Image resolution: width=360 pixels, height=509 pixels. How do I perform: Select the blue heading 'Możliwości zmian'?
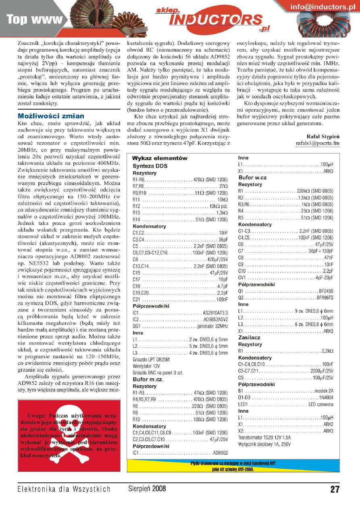[51, 116]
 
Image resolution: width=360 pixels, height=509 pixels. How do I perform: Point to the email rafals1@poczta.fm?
[318, 143]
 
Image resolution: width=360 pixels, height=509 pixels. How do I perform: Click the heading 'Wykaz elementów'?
[159, 158]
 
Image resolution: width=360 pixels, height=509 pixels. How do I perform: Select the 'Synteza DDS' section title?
[150, 166]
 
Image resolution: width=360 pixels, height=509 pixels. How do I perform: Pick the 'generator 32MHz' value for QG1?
[212, 326]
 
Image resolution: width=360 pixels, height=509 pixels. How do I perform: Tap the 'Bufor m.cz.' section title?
[148, 379]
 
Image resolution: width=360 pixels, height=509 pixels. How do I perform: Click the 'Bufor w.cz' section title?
[252, 178]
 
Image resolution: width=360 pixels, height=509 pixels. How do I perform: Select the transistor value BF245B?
[326, 291]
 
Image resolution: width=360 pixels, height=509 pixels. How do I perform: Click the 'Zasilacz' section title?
[250, 337]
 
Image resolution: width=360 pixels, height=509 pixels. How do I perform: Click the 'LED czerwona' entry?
[321, 404]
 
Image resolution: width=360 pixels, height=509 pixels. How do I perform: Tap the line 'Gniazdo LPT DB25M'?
[151, 359]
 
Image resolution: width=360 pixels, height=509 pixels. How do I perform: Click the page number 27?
[335, 489]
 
